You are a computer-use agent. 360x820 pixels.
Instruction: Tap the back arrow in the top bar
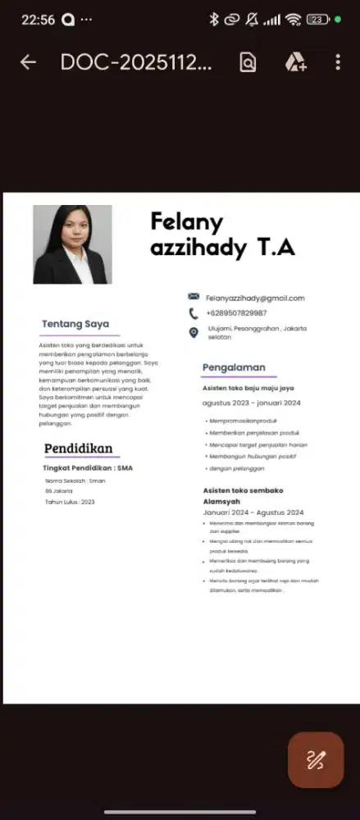pyautogui.click(x=28, y=63)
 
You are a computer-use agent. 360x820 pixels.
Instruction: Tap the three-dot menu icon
pyautogui.click(x=337, y=63)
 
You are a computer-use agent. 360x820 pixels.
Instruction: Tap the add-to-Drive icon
pyautogui.click(x=295, y=63)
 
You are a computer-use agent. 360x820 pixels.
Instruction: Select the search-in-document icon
pyautogui.click(x=247, y=63)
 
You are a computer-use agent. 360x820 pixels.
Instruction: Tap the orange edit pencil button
pyautogui.click(x=316, y=760)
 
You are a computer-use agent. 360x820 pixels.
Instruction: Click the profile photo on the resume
pyautogui.click(x=72, y=244)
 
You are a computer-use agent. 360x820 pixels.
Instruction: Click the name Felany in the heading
pyautogui.click(x=187, y=222)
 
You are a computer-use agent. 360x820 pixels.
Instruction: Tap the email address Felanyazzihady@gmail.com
pyautogui.click(x=255, y=298)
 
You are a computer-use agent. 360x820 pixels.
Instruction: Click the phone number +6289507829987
pyautogui.click(x=236, y=313)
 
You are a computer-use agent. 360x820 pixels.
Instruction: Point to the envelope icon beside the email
pyautogui.click(x=194, y=296)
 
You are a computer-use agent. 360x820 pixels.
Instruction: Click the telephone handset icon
pyautogui.click(x=194, y=313)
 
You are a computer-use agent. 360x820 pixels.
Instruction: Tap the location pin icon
pyautogui.click(x=194, y=332)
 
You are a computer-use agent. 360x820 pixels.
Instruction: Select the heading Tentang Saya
pyautogui.click(x=75, y=324)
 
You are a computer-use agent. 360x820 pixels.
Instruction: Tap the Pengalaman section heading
pyautogui.click(x=234, y=367)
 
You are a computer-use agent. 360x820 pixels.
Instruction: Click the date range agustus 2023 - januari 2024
pyautogui.click(x=251, y=403)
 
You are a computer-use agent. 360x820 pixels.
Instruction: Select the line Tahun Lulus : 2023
pyautogui.click(x=70, y=502)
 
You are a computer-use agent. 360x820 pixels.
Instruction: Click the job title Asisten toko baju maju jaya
pyautogui.click(x=248, y=388)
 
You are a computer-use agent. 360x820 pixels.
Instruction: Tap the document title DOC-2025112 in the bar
pyautogui.click(x=136, y=63)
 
